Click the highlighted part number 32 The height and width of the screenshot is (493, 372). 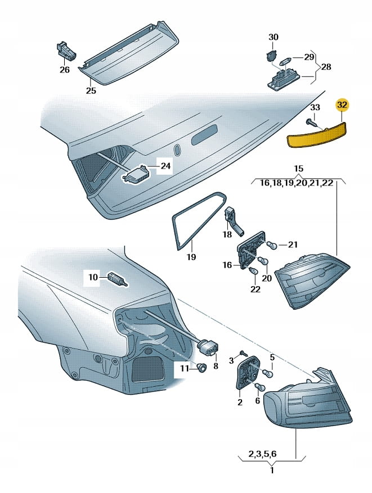pyautogui.click(x=342, y=105)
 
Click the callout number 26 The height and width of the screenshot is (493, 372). pyautogui.click(x=65, y=70)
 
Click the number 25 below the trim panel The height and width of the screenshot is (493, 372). pyautogui.click(x=91, y=91)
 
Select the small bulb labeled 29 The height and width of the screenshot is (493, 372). pyautogui.click(x=283, y=58)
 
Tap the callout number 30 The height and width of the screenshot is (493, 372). pyautogui.click(x=273, y=37)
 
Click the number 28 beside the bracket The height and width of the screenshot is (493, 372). pyautogui.click(x=326, y=67)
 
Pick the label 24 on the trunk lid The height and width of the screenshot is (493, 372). pyautogui.click(x=165, y=166)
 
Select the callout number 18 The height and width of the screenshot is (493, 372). pyautogui.click(x=227, y=234)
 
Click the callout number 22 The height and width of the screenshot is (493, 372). pyautogui.click(x=256, y=289)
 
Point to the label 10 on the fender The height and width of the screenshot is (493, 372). pyautogui.click(x=93, y=277)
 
